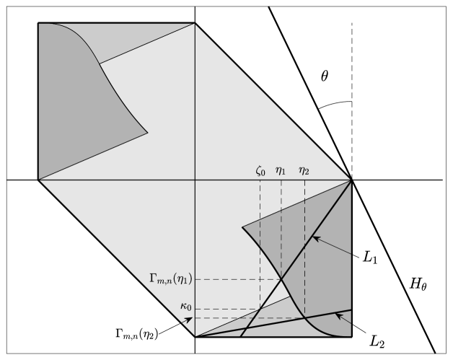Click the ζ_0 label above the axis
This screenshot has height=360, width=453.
(260, 172)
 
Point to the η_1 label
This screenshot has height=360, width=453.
(281, 172)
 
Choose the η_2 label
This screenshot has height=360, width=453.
(304, 172)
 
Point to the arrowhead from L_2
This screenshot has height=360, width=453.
(338, 315)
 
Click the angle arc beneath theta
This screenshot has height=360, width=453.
(333, 104)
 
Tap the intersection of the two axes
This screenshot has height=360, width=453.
(195, 180)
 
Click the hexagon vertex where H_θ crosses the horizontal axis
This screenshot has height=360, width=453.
(351, 180)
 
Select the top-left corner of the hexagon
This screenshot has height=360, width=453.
(38, 23)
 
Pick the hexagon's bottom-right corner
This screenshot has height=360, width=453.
(351, 337)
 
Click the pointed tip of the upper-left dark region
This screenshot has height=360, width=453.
(148, 132)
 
